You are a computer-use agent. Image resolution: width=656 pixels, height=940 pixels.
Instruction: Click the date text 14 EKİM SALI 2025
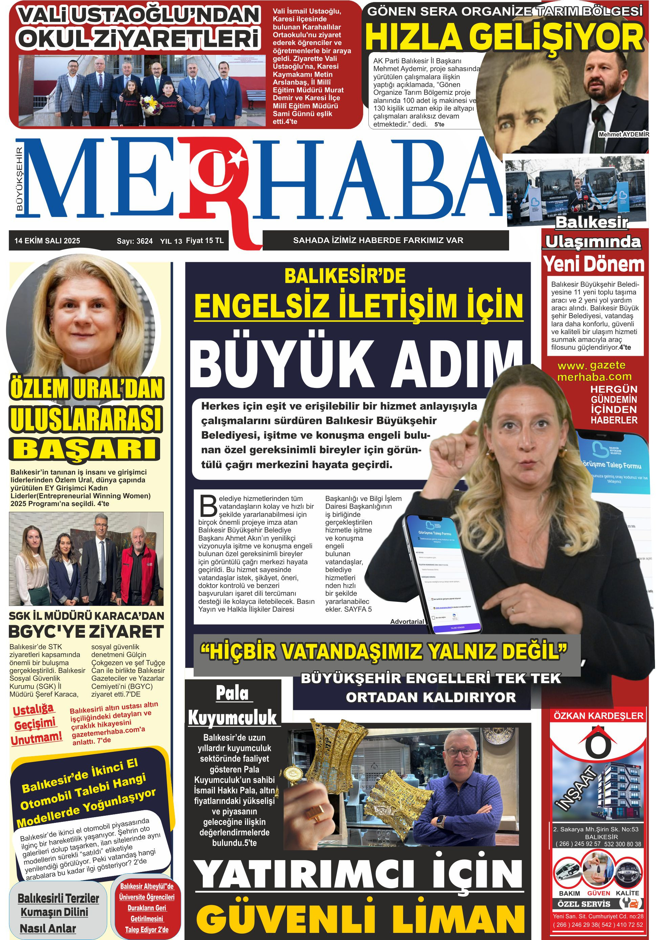[47, 241]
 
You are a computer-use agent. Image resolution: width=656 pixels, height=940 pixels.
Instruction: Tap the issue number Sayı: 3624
[134, 241]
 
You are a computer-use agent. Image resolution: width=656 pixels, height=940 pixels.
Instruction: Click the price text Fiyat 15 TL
[205, 241]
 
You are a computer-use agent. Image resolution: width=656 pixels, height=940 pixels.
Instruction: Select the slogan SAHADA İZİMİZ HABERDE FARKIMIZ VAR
[378, 240]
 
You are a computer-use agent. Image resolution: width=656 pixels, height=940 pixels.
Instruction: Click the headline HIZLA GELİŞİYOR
[504, 37]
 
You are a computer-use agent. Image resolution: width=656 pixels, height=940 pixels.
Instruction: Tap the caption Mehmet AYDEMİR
[623, 134]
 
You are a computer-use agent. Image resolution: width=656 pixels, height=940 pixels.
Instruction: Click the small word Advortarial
[407, 621]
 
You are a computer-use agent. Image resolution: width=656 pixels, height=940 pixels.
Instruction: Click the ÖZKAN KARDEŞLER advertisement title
[598, 716]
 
